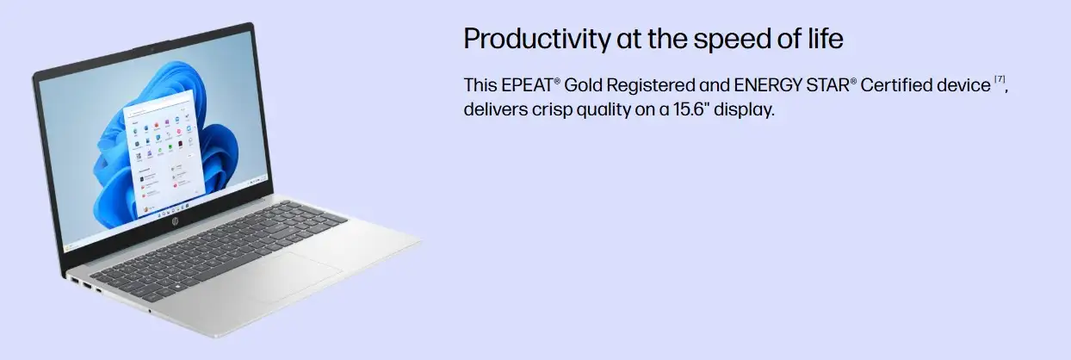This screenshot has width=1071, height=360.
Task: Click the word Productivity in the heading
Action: point(537,40)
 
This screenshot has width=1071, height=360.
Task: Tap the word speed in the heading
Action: point(732,40)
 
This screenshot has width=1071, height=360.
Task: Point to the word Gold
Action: point(583,85)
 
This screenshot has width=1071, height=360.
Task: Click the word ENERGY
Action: point(767,85)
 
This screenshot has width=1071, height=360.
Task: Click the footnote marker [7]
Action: point(1000,79)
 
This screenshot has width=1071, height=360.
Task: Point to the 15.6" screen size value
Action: point(689,109)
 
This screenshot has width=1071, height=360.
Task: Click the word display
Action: point(744,110)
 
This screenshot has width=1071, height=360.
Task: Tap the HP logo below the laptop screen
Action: point(176,221)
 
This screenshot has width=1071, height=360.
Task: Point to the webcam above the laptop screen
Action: point(152,50)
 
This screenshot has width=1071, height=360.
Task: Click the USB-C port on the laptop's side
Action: point(99,290)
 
